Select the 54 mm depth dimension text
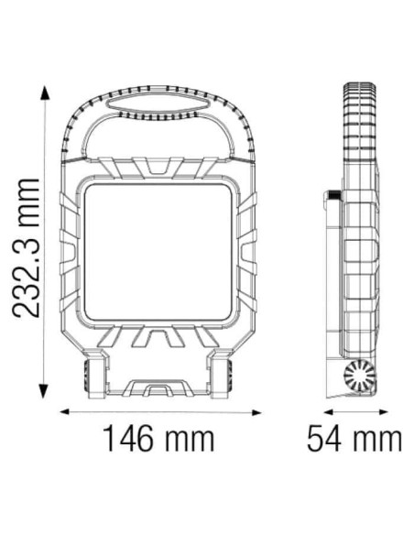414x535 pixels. coord(353,438)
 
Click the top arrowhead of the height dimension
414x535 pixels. coord(42,92)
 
